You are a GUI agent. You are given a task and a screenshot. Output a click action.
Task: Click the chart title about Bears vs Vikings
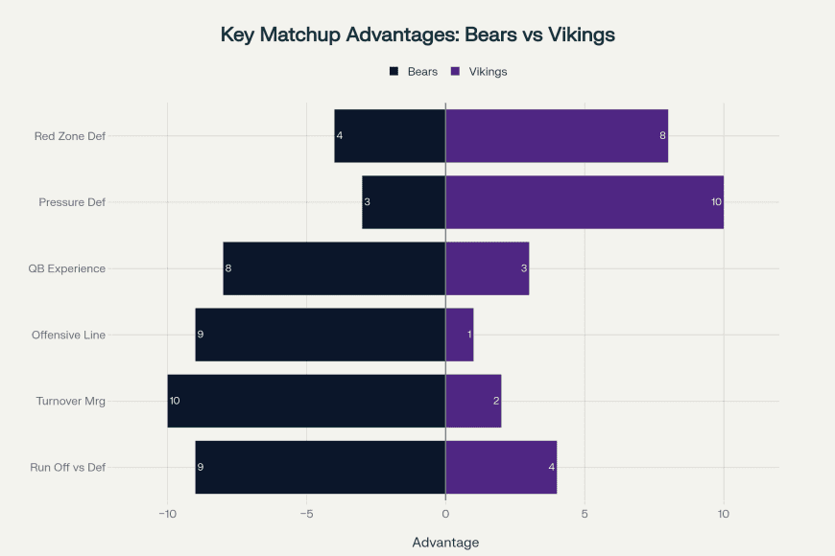417,35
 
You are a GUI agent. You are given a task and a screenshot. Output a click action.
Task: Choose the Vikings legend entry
488,71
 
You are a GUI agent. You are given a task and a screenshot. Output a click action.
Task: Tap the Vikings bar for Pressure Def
584,202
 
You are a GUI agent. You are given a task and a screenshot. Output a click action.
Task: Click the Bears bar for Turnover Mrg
306,401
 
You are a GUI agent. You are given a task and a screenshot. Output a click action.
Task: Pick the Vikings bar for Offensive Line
459,335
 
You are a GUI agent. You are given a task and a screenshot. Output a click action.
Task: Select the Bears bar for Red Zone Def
390,136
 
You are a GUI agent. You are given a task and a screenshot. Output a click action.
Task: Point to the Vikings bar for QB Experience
487,268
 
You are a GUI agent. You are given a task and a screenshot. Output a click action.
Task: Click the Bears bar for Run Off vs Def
320,467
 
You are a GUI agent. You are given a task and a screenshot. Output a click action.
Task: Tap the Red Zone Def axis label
69,136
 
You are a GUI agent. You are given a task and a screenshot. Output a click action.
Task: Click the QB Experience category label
67,268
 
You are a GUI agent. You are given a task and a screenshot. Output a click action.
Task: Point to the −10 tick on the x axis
167,514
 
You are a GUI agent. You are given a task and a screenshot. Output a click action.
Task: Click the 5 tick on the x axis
584,514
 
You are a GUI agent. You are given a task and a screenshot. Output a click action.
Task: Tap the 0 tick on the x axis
445,514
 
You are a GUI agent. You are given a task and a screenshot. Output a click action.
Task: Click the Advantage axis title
445,543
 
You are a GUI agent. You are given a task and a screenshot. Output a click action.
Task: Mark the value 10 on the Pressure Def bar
715,202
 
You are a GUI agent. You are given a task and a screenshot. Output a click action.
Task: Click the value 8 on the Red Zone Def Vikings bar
662,136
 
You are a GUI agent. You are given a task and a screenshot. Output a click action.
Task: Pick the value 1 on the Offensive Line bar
468,335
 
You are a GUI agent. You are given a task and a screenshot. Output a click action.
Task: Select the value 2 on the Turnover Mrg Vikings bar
496,401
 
